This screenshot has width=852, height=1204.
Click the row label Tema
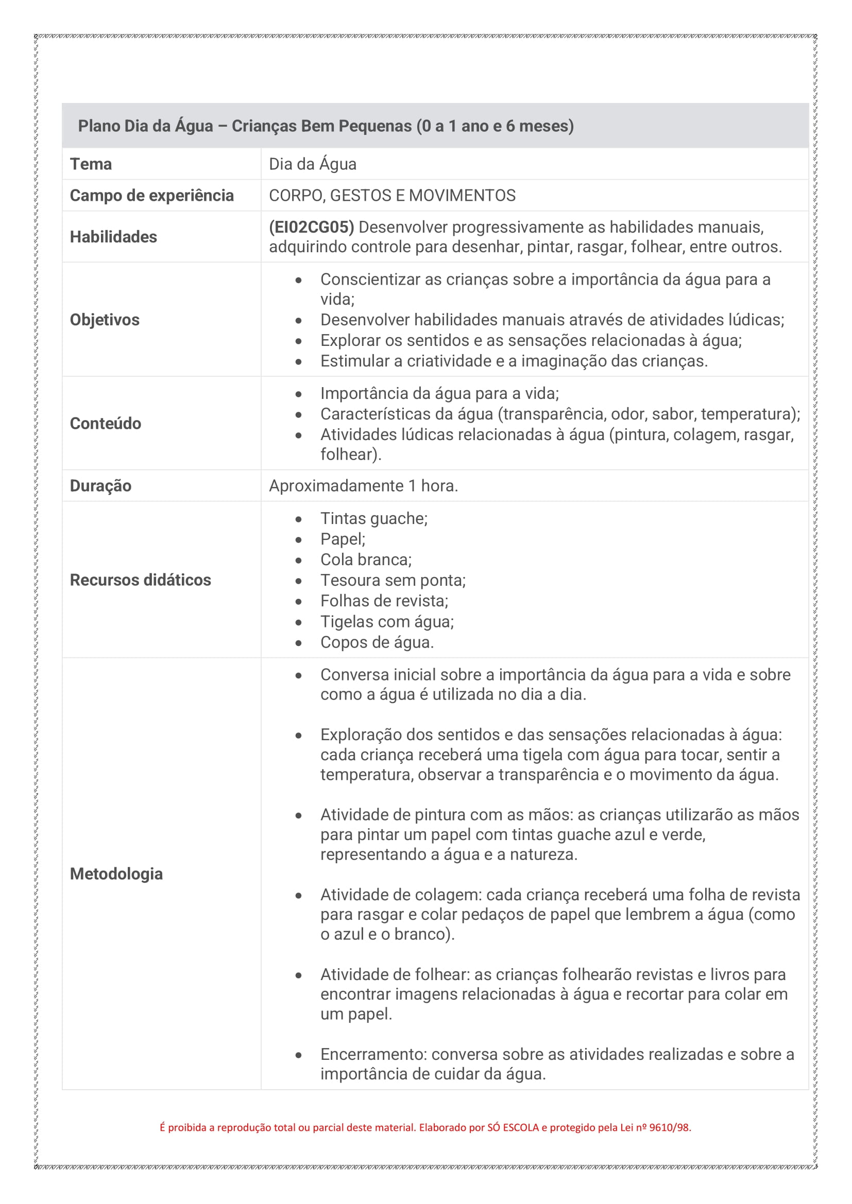91,164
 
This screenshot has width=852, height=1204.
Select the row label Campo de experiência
151,196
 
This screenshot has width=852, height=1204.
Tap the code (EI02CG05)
311,227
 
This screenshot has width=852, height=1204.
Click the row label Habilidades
113,237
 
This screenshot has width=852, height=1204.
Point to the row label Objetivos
105,320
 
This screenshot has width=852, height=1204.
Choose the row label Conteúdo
106,423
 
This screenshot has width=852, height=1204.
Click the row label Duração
101,485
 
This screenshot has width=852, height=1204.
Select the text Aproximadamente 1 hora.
363,485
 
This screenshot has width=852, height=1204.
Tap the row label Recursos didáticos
140,580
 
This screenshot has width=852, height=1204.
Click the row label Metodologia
116,874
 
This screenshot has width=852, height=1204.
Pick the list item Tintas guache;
373,519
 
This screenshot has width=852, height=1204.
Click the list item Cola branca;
366,560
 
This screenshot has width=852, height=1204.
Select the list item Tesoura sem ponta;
393,581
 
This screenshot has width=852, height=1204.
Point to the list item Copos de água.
377,642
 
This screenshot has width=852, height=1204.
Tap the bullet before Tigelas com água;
299,622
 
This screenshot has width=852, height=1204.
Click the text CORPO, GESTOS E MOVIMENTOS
392,196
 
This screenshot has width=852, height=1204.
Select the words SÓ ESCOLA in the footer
513,1127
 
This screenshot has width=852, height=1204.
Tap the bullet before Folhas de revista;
299,601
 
